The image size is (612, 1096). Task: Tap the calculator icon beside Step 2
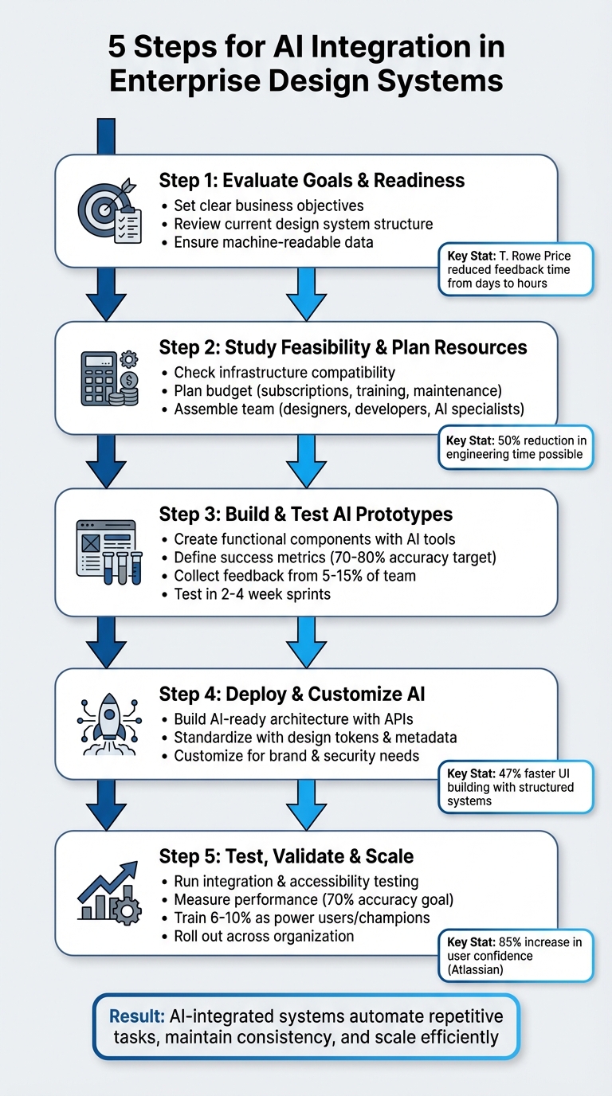coord(108,380)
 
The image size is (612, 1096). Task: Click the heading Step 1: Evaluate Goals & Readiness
coord(312,180)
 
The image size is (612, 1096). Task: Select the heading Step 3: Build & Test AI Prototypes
coord(306,514)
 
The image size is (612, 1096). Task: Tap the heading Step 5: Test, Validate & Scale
coord(286,856)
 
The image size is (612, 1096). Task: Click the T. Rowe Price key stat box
coord(516,269)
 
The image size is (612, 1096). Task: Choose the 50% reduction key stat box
coord(516,448)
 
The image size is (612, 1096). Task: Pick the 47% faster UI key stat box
coord(516,786)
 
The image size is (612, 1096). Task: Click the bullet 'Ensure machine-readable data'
coord(273,241)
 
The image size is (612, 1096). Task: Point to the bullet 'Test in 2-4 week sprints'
coord(252,594)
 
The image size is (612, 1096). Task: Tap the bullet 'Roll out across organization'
coord(264,936)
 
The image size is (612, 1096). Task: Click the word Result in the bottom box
coord(136,1016)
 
